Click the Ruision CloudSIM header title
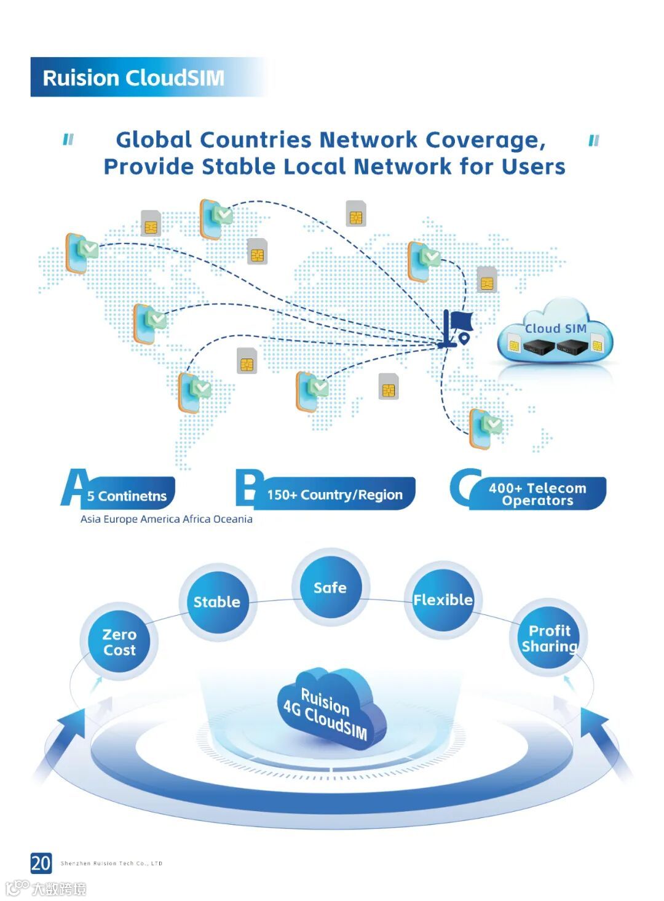133,78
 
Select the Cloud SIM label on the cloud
555,328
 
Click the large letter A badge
74,488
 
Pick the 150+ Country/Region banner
334,494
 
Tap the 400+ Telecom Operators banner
537,494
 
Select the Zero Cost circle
119,641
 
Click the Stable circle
217,601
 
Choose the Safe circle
330,587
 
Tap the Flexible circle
443,600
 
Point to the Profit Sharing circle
549,638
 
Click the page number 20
41,863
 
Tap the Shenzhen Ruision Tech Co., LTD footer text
111,863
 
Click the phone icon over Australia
484,428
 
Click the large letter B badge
249,488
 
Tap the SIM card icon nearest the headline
356,213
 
